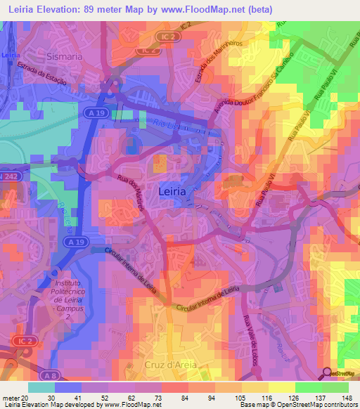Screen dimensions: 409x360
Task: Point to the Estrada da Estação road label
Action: click(41, 73)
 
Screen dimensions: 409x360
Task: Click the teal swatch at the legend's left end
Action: click(41, 387)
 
